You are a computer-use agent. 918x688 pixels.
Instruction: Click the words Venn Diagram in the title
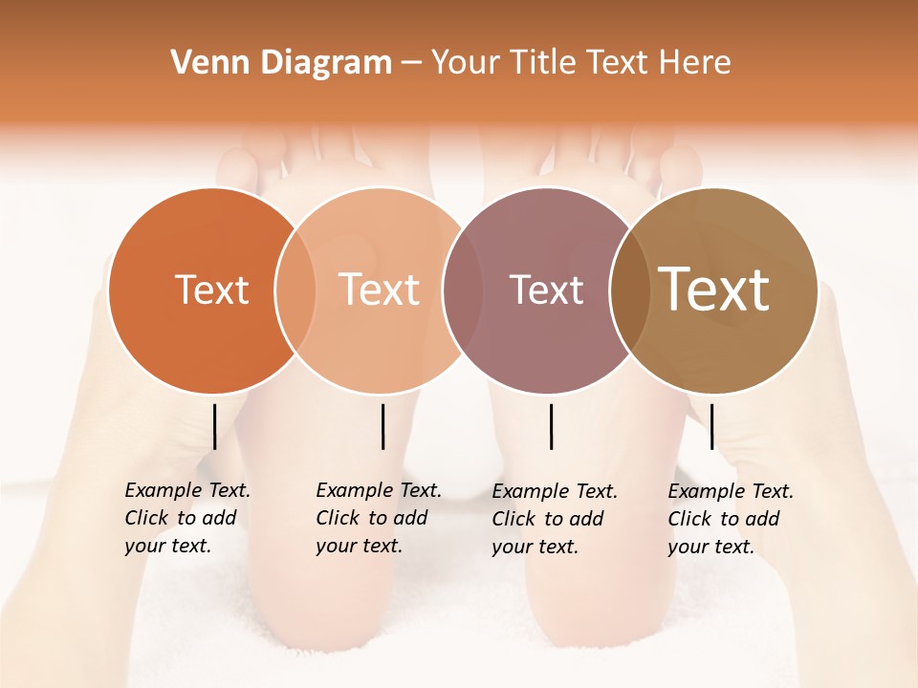tap(281, 63)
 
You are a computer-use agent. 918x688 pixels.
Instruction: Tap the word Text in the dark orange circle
tap(211, 290)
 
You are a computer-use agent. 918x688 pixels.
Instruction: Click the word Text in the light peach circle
tap(379, 290)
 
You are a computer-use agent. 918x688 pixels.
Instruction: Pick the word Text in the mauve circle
tap(546, 290)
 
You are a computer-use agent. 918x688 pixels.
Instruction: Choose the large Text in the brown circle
tap(714, 290)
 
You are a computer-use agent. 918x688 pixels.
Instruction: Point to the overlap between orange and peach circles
tap(295, 290)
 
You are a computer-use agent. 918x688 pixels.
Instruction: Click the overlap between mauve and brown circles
tap(630, 290)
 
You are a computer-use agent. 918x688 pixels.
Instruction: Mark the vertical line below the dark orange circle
tap(214, 426)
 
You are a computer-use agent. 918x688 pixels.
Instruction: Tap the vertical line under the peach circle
tap(382, 426)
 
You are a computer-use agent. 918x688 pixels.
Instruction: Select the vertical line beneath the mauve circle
tap(551, 426)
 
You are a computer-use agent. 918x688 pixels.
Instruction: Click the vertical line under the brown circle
tap(711, 426)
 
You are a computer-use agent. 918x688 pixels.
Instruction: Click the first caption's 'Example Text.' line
tap(187, 490)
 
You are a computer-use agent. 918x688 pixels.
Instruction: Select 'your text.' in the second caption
tap(359, 546)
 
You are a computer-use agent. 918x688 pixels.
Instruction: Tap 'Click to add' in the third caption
tap(548, 519)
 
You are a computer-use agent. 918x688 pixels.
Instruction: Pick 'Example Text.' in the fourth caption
tap(731, 491)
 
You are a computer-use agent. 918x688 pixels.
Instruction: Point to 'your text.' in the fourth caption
tap(710, 547)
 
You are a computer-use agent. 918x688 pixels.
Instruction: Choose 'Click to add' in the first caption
tap(181, 518)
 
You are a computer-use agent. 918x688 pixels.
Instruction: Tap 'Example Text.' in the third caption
tap(555, 491)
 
